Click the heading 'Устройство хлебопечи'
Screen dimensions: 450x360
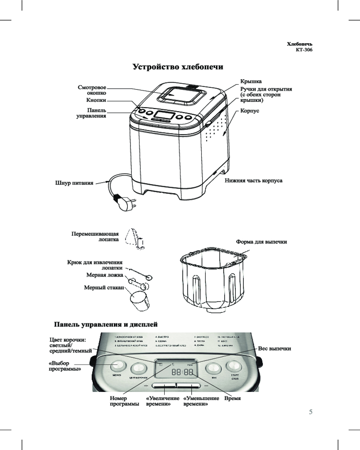pos(178,67)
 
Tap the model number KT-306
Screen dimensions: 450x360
pos(302,50)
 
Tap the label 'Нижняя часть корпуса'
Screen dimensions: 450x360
pos(253,180)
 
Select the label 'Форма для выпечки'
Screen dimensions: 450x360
pos(261,242)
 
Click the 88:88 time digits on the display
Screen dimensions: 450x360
pos(183,373)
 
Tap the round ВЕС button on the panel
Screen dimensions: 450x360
pos(213,368)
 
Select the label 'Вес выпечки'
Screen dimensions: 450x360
pos(274,349)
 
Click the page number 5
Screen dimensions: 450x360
pos(311,412)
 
